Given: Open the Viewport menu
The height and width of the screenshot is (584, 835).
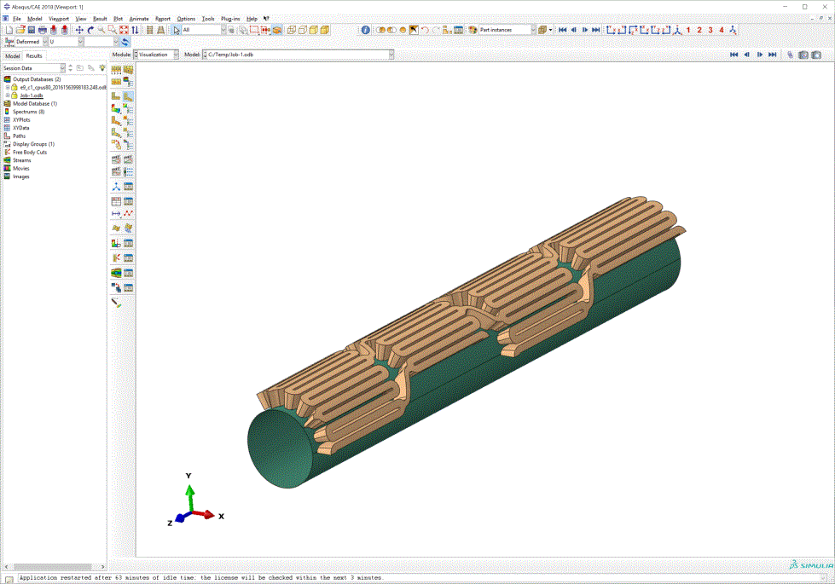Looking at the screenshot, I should pyautogui.click(x=59, y=18).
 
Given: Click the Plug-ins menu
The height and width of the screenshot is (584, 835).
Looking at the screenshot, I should pyautogui.click(x=230, y=18).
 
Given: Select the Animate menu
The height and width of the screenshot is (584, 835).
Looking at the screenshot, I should pyautogui.click(x=138, y=18).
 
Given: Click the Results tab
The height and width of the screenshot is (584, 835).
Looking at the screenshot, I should pyautogui.click(x=33, y=55).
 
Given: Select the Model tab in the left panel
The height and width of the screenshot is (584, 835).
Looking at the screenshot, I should pyautogui.click(x=12, y=55).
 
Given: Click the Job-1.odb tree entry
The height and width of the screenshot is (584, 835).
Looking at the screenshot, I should pyautogui.click(x=32, y=95).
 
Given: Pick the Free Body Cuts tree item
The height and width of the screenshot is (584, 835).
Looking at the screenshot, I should pyautogui.click(x=30, y=152).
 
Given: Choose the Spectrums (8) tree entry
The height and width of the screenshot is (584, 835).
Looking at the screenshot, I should pyautogui.click(x=28, y=112).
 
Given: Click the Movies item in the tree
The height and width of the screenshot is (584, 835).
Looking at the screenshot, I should pyautogui.click(x=21, y=168).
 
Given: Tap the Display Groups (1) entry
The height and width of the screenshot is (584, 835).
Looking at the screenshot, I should pyautogui.click(x=33, y=144).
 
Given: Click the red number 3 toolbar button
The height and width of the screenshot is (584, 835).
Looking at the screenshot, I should pyautogui.click(x=710, y=30).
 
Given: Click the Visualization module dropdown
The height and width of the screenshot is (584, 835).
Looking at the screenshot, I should pyautogui.click(x=157, y=54).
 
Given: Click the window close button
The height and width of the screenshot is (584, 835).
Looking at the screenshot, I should pyautogui.click(x=823, y=6).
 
